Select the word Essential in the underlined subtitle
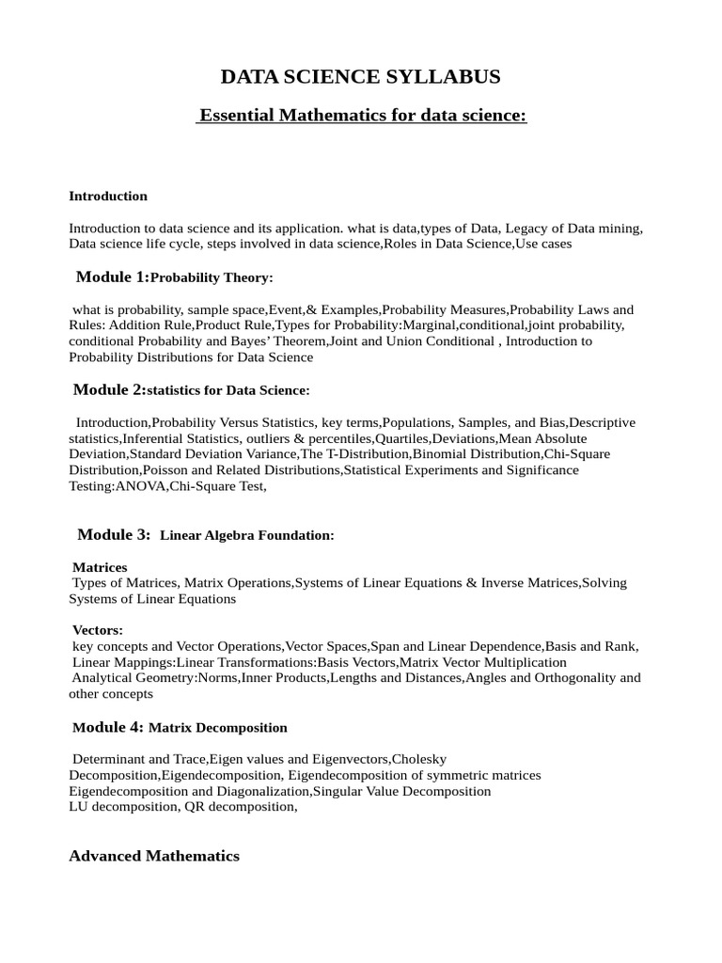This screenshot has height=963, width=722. tap(234, 115)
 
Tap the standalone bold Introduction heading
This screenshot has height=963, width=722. tap(108, 196)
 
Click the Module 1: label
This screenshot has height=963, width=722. tap(112, 276)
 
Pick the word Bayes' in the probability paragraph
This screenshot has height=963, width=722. tap(272, 341)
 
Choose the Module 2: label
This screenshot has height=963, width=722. tap(110, 389)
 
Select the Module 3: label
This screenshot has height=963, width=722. tap(114, 534)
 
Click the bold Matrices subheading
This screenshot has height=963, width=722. tap(100, 567)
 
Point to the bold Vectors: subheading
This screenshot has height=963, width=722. tap(98, 629)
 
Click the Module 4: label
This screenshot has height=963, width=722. tap(108, 727)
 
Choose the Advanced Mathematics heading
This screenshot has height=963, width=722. tap(154, 856)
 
